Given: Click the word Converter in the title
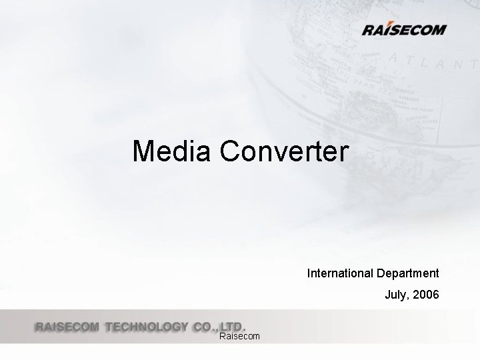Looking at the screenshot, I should (283, 151).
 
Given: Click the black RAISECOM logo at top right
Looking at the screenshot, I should (404, 29).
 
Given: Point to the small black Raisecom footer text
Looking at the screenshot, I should (239, 337).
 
